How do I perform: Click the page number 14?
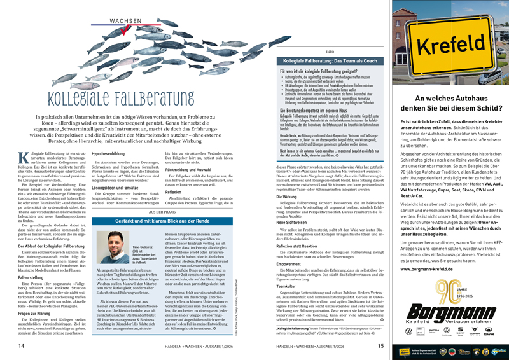point(22,345)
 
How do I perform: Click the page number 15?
point(380,345)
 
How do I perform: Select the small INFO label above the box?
point(329,51)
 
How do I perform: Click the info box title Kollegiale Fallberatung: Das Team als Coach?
point(326,59)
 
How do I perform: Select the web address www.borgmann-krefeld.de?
point(431,269)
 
